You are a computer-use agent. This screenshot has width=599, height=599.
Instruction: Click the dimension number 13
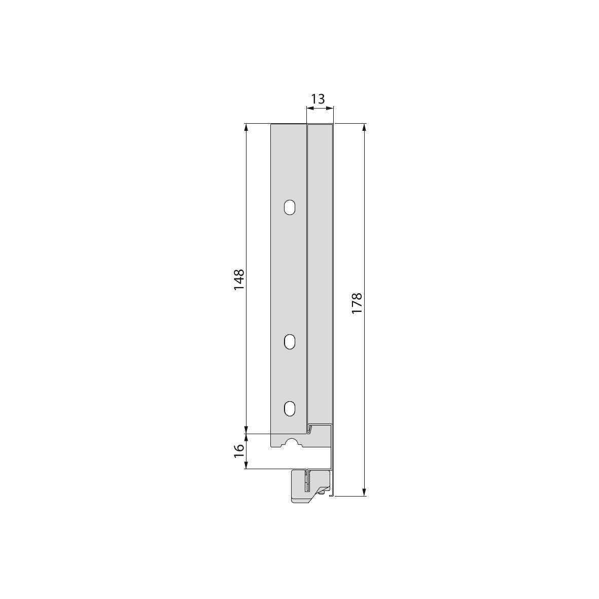point(318,99)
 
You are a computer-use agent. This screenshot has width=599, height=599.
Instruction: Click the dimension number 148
point(239,279)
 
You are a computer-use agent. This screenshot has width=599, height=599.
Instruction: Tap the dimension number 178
point(357,303)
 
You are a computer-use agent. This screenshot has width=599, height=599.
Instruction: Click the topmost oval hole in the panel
point(290,207)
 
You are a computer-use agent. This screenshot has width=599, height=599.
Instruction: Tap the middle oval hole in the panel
point(290,342)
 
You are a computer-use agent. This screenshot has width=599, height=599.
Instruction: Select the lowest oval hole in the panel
point(290,409)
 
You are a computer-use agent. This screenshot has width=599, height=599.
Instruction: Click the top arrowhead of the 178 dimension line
point(365,127)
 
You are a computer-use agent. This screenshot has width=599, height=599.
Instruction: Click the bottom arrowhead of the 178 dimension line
point(365,492)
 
